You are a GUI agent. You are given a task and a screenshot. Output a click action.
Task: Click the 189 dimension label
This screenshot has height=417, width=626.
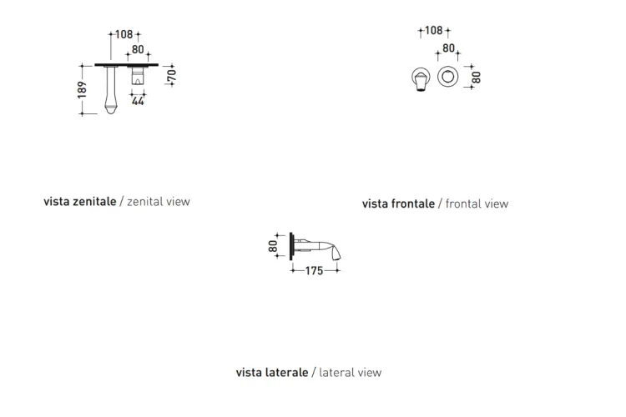[x=82, y=90]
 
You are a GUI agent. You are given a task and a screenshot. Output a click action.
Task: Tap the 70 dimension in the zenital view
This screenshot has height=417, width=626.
[x=172, y=75]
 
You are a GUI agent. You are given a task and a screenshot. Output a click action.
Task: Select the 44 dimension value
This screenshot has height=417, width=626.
[x=138, y=102]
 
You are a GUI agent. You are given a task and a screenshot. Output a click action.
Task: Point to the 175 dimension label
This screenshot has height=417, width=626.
[x=314, y=271]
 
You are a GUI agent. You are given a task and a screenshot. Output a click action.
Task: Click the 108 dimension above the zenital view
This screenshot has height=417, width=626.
[x=124, y=34]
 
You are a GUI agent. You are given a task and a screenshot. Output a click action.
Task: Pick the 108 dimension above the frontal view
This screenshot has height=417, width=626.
[x=433, y=30]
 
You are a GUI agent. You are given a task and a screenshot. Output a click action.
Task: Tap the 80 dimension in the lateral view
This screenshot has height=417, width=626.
[x=273, y=246]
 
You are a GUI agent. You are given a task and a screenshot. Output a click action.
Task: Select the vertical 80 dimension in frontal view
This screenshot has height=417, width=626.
[x=477, y=78]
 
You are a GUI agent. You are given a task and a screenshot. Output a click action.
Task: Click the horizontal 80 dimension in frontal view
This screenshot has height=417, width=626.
[x=449, y=48]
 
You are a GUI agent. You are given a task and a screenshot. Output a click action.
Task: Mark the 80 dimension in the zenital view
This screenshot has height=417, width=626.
[x=138, y=49]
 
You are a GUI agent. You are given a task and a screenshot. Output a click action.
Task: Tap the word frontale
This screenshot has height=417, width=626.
[x=413, y=203]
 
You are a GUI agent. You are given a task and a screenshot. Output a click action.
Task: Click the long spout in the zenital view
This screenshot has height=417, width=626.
[x=110, y=90]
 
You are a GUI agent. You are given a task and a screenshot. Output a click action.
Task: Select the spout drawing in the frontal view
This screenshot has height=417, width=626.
[x=421, y=80]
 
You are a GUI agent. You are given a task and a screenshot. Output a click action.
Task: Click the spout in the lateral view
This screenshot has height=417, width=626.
[x=320, y=249]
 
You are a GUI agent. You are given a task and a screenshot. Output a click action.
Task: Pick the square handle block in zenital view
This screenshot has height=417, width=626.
[x=138, y=76]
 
